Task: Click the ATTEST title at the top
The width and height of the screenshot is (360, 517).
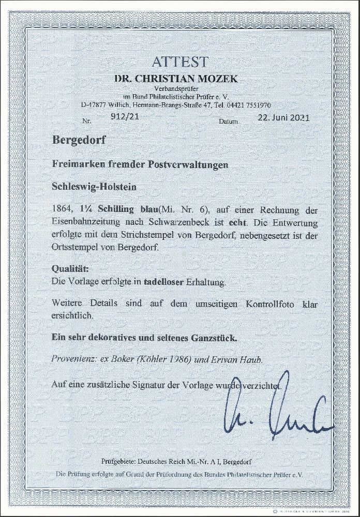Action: coord(180,62)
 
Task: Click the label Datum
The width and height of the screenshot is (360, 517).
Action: coord(228,121)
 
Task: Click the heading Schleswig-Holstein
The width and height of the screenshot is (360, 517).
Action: coord(95,187)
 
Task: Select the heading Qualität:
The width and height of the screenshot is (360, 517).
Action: coord(70,269)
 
